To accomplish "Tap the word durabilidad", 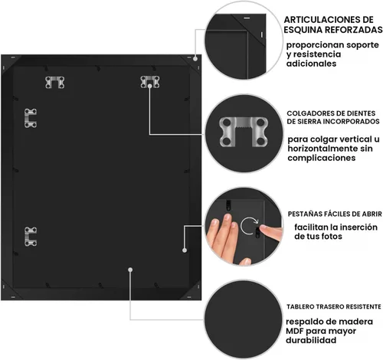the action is click(311, 340).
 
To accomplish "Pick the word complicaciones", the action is click(322, 158).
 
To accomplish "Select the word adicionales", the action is click(311, 64).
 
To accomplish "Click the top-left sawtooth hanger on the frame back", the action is click(54, 82).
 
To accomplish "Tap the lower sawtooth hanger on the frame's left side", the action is click(31, 237).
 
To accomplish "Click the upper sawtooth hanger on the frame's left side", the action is click(31, 118).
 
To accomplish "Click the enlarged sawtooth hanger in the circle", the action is click(244, 132).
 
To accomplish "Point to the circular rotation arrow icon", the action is click(249, 226).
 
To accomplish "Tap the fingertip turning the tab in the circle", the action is click(263, 228).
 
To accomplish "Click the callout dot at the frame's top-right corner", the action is click(195, 58).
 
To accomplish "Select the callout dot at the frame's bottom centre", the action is click(130, 270).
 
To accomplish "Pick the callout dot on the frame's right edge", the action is click(185, 250).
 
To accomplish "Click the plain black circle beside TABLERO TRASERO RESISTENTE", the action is click(243, 319).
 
